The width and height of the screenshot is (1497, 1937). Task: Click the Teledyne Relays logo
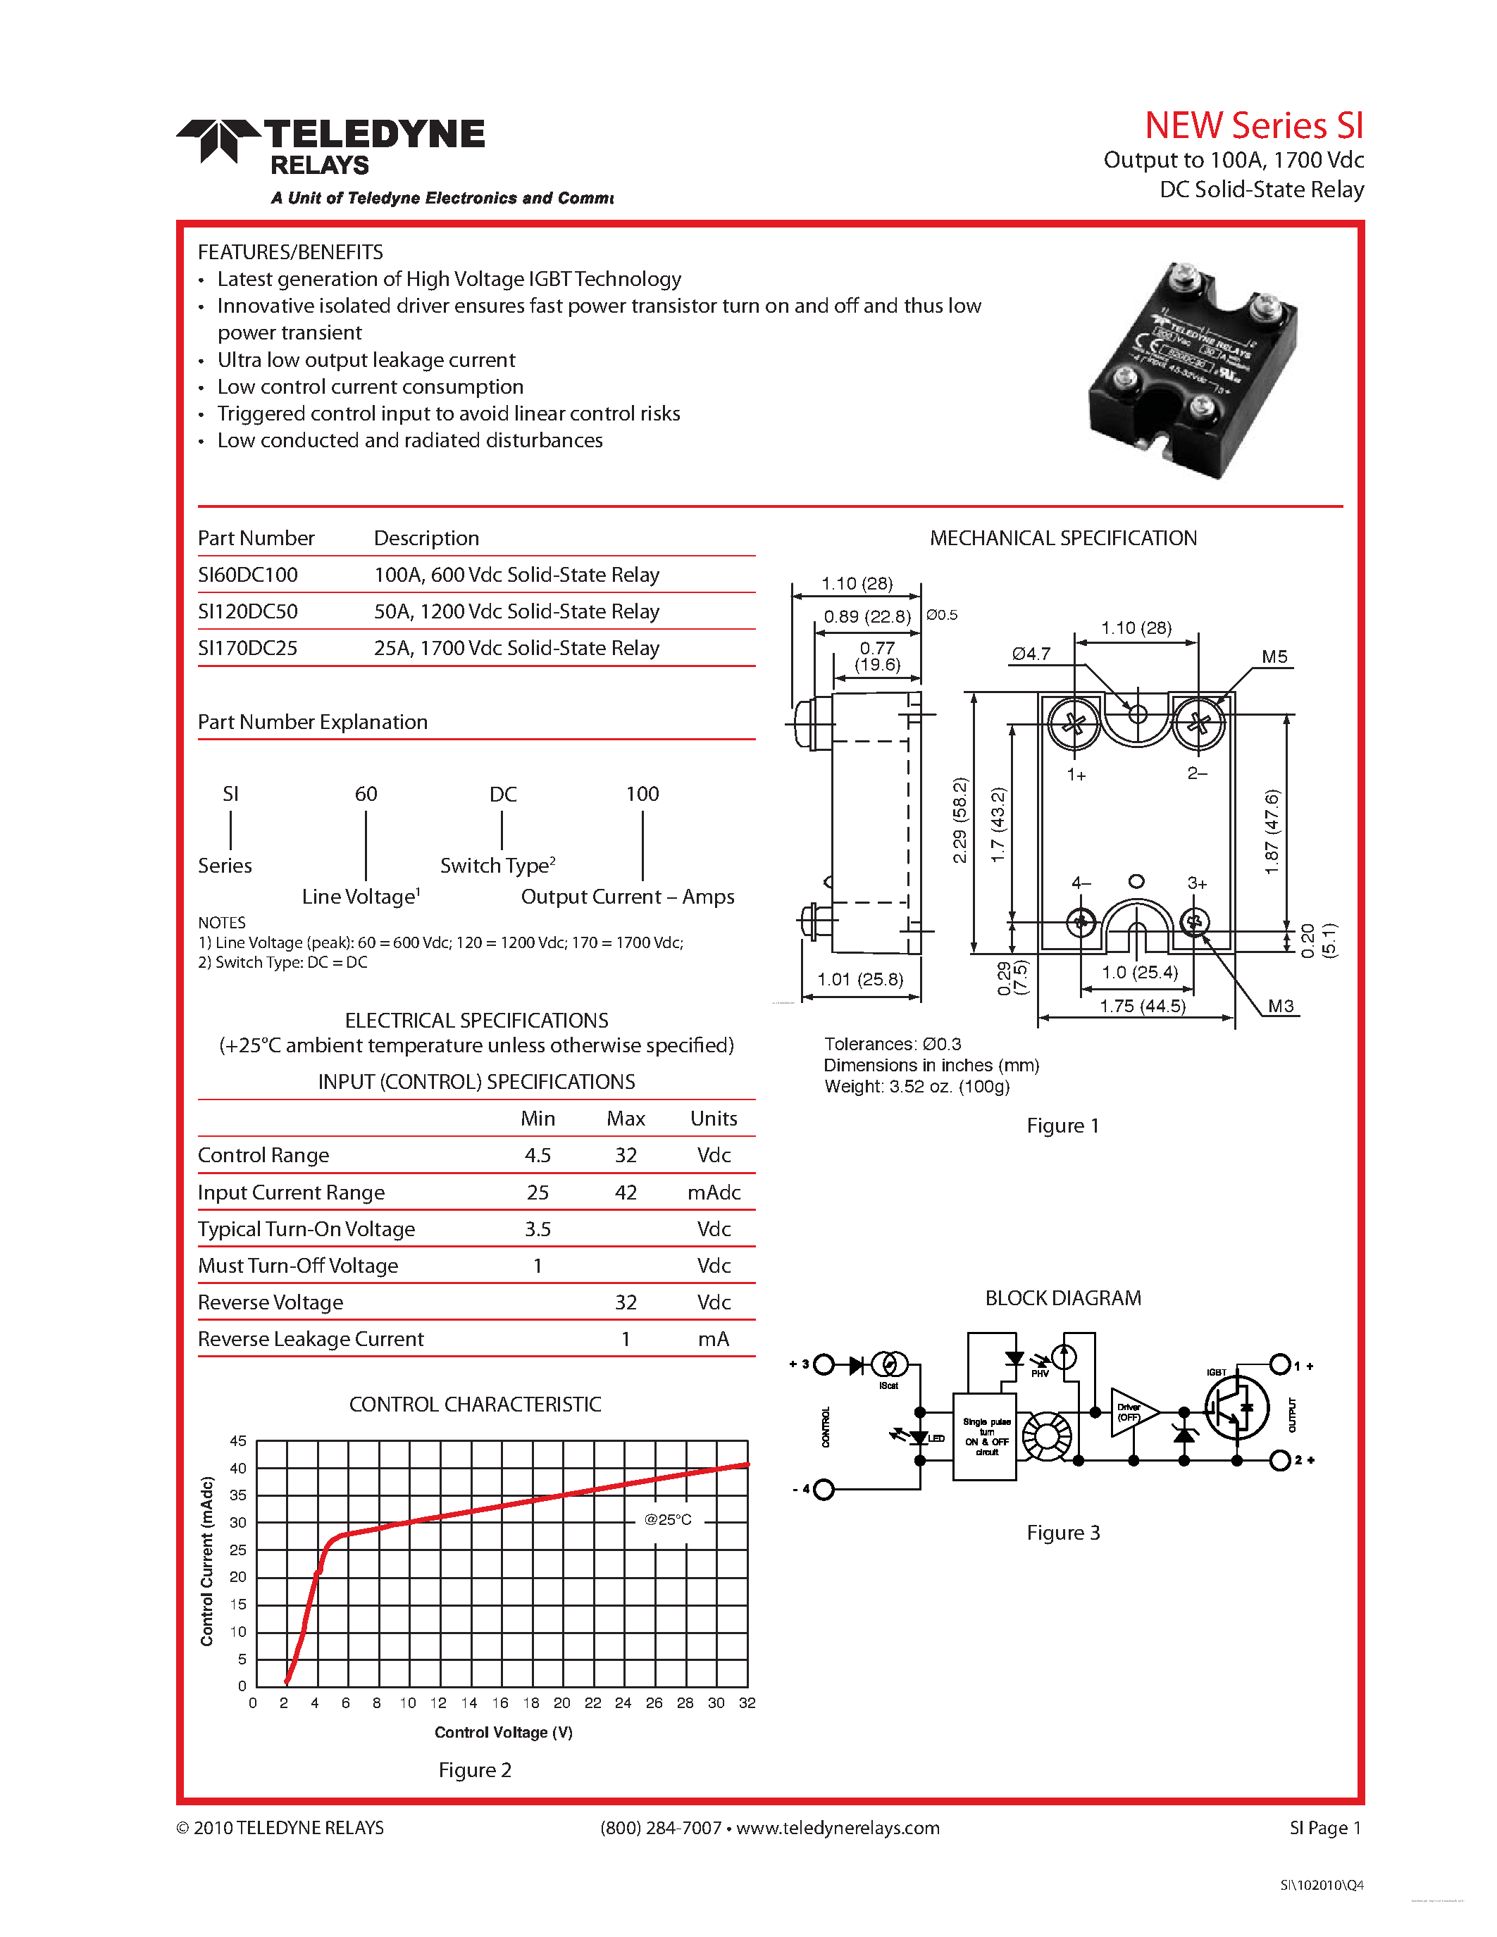330,147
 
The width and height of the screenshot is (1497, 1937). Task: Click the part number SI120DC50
247,611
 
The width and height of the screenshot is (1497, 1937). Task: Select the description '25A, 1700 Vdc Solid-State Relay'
516,648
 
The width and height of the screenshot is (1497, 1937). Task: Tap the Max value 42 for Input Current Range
626,1192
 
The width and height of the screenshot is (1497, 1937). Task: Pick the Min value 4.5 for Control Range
538,1154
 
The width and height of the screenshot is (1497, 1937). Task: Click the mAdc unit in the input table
713,1192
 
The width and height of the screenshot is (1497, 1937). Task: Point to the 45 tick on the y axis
237,1440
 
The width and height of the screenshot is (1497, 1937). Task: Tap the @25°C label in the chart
667,1519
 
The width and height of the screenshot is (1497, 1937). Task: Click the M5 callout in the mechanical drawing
1274,656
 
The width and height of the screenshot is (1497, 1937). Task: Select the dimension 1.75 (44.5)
1142,1006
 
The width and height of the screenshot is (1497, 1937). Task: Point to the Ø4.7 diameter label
1031,654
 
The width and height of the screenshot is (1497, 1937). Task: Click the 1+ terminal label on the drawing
1076,774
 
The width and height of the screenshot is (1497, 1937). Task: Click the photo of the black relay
1193,370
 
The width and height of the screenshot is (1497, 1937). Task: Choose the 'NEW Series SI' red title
1253,125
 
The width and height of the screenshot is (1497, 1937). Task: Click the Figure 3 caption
1062,1533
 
